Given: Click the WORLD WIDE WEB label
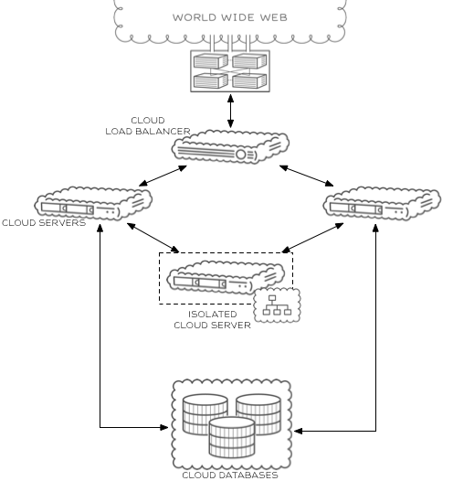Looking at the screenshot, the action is pyautogui.click(x=230, y=17).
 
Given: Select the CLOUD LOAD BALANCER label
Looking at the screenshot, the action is pyautogui.click(x=148, y=126).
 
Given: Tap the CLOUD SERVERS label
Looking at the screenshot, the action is pyautogui.click(x=44, y=222).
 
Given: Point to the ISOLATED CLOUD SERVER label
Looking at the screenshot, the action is pyautogui.click(x=212, y=320).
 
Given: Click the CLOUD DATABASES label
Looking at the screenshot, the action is pyautogui.click(x=230, y=475).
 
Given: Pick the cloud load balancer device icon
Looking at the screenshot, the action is pyautogui.click(x=230, y=146).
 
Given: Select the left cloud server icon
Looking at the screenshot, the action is pyautogui.click(x=93, y=203).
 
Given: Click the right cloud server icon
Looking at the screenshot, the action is pyautogui.click(x=383, y=203).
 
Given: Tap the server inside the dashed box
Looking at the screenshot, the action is pyautogui.click(x=226, y=277).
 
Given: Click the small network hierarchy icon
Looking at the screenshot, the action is pyautogui.click(x=278, y=305).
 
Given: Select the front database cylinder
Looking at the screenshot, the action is pyautogui.click(x=232, y=437).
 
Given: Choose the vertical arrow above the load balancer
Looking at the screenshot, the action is pyautogui.click(x=231, y=111).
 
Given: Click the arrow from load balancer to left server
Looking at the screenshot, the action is pyautogui.click(x=163, y=176).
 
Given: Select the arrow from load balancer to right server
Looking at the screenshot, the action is pyautogui.click(x=306, y=176).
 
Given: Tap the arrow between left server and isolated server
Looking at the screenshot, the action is pyautogui.click(x=153, y=238).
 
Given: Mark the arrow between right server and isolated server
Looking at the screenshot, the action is pyautogui.click(x=312, y=238).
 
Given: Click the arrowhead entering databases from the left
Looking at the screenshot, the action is pyautogui.click(x=164, y=427).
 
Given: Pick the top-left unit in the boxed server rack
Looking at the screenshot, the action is pyautogui.click(x=211, y=60).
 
